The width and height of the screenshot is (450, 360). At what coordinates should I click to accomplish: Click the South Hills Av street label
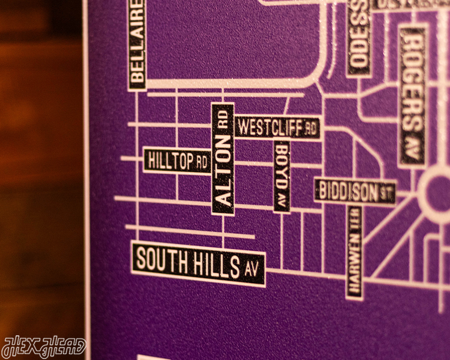pyautogui.click(x=198, y=264)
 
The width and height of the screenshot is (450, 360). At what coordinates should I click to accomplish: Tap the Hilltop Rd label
pyautogui.click(x=177, y=161)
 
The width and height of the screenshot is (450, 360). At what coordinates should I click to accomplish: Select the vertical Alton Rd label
pyautogui.click(x=223, y=159)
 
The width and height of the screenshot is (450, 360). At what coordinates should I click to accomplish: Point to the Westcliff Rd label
pyautogui.click(x=277, y=128)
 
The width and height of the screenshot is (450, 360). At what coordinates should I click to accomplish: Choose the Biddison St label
pyautogui.click(x=355, y=191)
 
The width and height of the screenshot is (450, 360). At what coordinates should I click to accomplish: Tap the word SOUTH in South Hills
pyautogui.click(x=161, y=260)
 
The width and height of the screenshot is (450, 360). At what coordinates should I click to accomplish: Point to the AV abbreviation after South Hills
pyautogui.click(x=252, y=270)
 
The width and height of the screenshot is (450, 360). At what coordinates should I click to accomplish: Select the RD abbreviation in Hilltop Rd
pyautogui.click(x=202, y=163)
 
